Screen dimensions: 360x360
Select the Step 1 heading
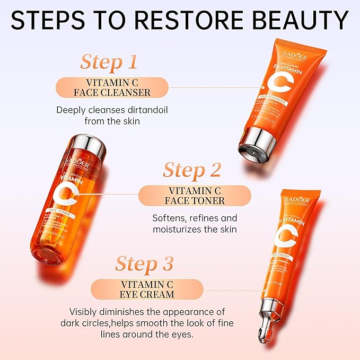(x=109, y=62)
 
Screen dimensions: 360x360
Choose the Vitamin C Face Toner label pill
(x=195, y=195)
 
